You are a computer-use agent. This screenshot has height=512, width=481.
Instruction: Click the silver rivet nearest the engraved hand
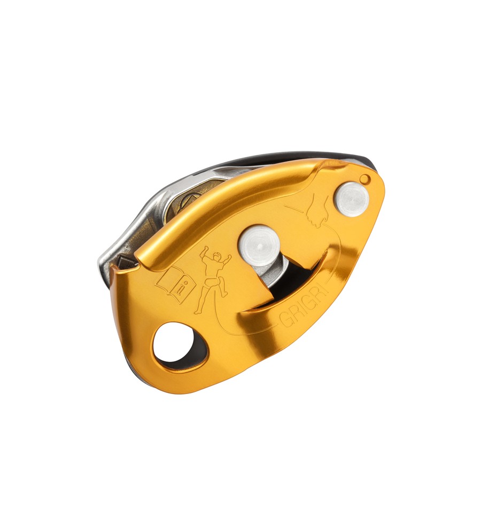pyautogui.click(x=352, y=199)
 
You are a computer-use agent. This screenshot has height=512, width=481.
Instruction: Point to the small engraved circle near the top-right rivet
pyautogui.click(x=364, y=178)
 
